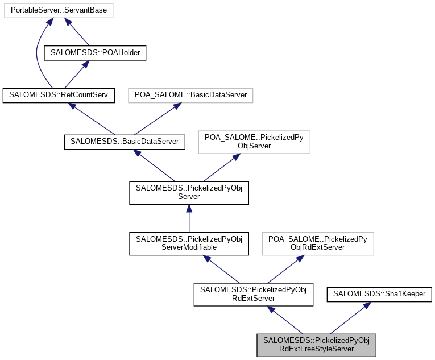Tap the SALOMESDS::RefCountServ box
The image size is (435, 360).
pyautogui.click(x=59, y=95)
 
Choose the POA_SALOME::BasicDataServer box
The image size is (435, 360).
pyautogui.click(x=190, y=95)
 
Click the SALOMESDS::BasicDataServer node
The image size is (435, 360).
pyautogui.click(x=124, y=142)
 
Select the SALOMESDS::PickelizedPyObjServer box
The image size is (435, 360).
pyautogui.click(x=189, y=192)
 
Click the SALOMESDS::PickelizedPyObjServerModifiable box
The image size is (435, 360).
pyautogui.click(x=189, y=243)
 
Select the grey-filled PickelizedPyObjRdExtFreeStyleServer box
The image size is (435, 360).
pyautogui.click(x=317, y=345)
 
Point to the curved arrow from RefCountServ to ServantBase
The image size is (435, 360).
pyautogui.click(x=37, y=51)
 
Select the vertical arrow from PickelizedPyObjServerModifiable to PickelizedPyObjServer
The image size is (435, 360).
pyautogui.click(x=189, y=218)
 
